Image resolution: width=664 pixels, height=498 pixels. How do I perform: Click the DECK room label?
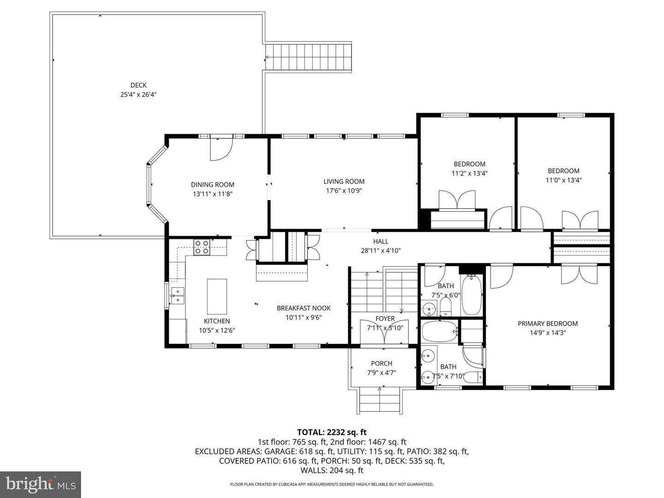pos(138,85)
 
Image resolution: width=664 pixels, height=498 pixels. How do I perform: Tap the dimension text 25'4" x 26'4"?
pos(138,95)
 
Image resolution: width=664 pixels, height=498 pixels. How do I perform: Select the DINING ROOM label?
pos(213,184)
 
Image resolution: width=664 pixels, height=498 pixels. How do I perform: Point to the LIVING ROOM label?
pos(344,181)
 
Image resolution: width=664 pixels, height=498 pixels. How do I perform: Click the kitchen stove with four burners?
pos(201,247)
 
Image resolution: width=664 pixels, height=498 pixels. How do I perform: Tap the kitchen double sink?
pos(178,296)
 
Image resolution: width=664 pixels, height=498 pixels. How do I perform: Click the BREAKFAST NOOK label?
pos(303,308)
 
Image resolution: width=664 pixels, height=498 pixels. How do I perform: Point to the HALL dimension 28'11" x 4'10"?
pos(380,251)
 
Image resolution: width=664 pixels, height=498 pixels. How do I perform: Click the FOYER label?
pos(385,319)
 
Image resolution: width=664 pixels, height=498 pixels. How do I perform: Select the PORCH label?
pos(381,363)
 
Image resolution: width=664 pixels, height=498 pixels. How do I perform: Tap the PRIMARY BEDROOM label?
pos(547,323)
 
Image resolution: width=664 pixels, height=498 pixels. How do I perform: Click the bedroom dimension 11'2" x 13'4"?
pos(469,173)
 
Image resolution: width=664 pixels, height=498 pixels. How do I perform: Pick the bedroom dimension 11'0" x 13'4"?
pos(563,180)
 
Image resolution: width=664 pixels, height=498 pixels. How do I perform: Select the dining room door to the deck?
pos(221,149)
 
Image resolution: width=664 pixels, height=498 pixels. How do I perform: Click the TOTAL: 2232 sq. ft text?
pos(332,432)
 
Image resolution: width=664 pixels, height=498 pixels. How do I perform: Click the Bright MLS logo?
pos(41,484)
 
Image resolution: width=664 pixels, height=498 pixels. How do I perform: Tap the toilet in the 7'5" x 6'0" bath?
pos(445,306)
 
